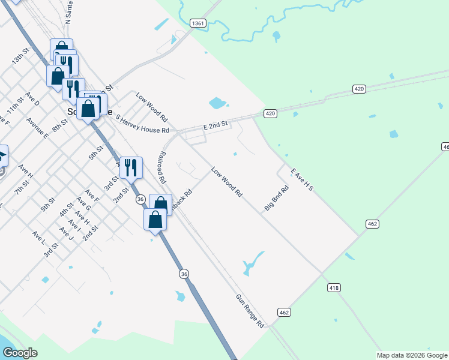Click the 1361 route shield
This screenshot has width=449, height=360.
tap(198, 23)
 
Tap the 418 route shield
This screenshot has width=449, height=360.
tap(334, 288)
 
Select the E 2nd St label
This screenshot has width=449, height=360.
tap(216, 125)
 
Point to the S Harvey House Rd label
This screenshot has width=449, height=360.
tap(142, 125)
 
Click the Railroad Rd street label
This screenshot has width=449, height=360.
tap(161, 167)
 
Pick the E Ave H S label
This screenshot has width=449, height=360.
tap(302, 180)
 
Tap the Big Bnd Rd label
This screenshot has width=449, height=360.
tap(277, 198)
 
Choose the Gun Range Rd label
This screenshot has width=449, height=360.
tap(250, 311)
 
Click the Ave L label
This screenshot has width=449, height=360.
tap(38, 238)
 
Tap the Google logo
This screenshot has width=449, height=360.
tap(19, 353)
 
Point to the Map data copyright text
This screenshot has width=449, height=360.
tap(412, 355)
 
